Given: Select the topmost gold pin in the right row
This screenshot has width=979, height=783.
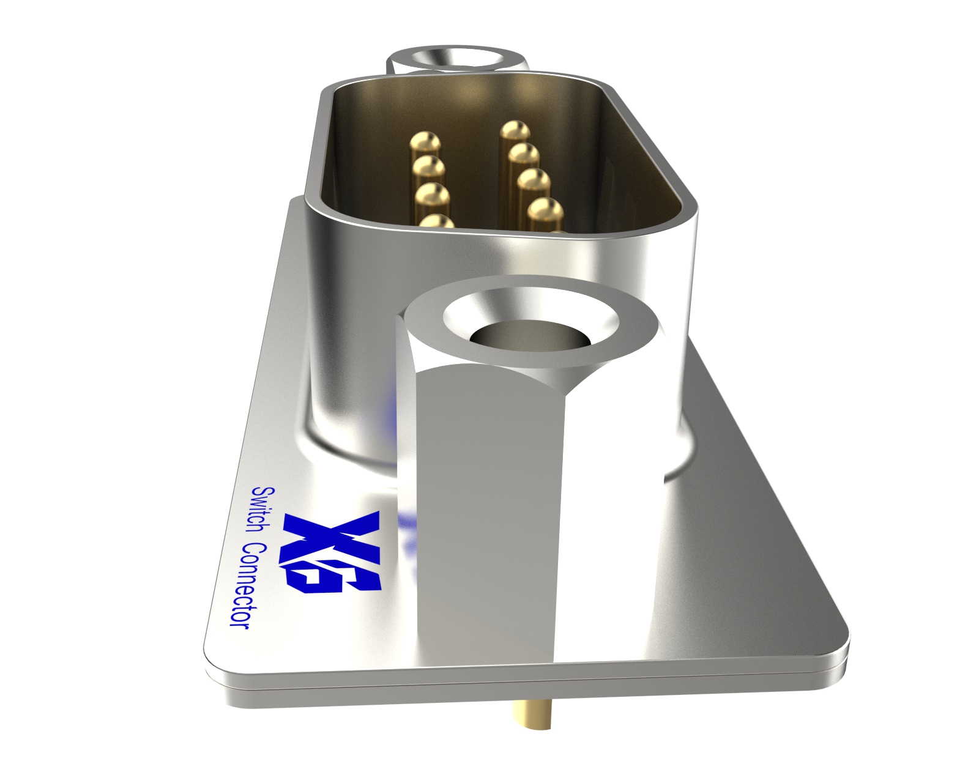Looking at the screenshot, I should pyautogui.click(x=515, y=130).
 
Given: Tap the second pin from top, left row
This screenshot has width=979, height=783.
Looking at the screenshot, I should pyautogui.click(x=428, y=166).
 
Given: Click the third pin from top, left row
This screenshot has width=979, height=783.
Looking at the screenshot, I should pyautogui.click(x=433, y=195).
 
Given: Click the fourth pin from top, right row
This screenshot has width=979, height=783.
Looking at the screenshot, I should pyautogui.click(x=545, y=210).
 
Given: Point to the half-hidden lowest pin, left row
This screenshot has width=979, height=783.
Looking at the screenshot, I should pyautogui.click(x=437, y=221).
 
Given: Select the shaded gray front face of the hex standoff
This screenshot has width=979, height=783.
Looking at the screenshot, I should pyautogui.click(x=489, y=520).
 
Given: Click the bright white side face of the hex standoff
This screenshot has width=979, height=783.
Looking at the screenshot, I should pyautogui.click(x=606, y=508).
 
